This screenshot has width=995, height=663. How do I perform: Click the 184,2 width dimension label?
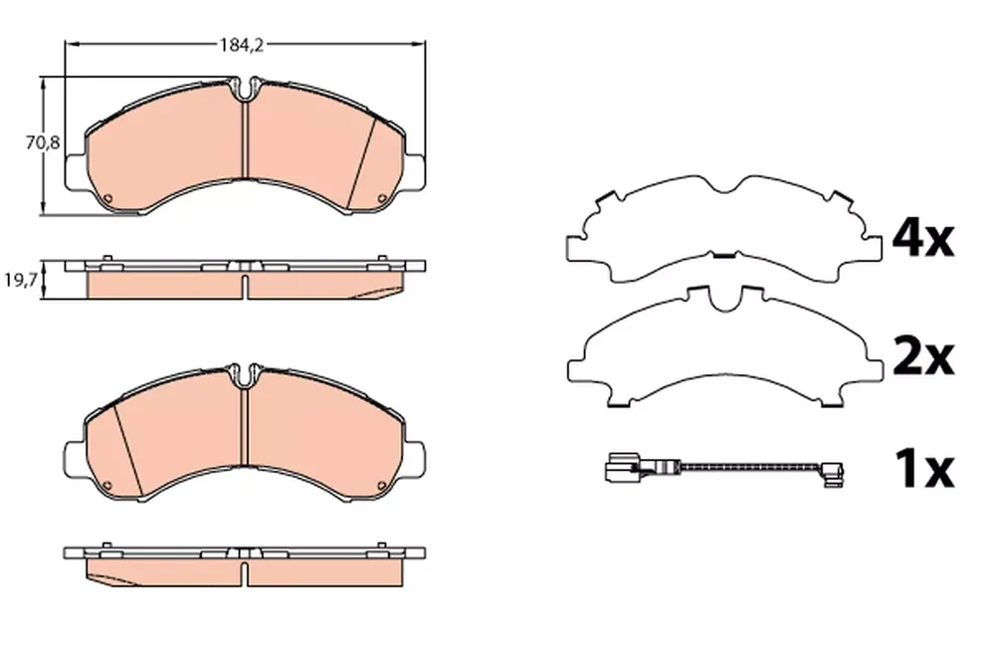click(241, 45)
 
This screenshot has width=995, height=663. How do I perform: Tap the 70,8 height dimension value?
click(43, 143)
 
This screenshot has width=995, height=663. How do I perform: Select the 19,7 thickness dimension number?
click(21, 280)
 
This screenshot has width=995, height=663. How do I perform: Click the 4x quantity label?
click(922, 238)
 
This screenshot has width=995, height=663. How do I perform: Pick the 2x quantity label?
click(922, 358)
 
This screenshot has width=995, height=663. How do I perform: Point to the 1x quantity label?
click(924, 469)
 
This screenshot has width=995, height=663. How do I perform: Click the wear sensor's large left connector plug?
click(623, 469)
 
